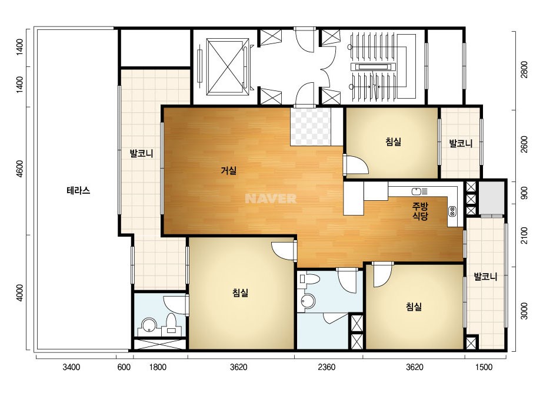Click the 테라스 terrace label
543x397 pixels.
(78, 190)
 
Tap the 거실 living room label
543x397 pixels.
(229, 170)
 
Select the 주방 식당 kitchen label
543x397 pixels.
(420, 211)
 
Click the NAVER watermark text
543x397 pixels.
(271, 198)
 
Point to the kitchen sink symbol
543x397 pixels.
(419, 191)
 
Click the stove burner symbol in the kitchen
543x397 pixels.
(452, 211)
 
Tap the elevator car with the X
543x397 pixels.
(228, 67)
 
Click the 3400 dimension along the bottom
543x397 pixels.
(71, 367)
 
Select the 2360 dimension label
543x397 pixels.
(327, 367)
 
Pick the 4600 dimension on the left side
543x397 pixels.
(20, 169)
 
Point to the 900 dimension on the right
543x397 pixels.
(524, 193)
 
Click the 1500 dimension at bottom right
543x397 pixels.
(484, 367)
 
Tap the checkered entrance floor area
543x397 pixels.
(310, 127)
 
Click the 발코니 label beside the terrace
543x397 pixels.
(141, 153)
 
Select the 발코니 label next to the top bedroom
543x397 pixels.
(461, 143)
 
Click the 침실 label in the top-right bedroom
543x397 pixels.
(393, 142)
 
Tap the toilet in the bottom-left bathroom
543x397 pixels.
(171, 324)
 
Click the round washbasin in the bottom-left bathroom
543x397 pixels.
(149, 326)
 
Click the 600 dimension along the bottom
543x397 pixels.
(124, 367)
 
